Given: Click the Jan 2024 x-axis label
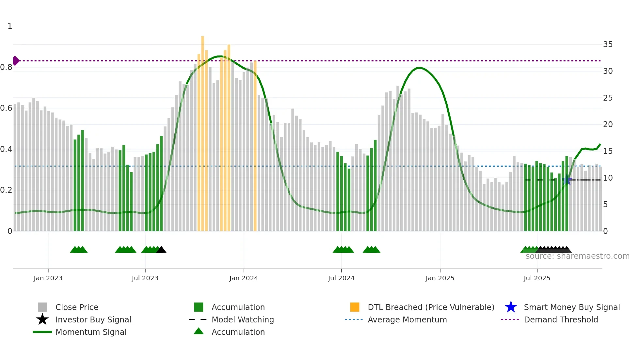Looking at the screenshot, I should pos(244,278).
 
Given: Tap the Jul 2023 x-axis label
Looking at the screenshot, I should pos(145,278).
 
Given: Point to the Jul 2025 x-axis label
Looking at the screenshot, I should pos(537,278).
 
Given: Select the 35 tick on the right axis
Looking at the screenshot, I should pos(608,44).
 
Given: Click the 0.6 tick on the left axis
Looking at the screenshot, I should pos(6,108).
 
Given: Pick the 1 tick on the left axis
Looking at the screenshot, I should pos(10,26).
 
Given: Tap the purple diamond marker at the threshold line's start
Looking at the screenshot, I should pos(16,61).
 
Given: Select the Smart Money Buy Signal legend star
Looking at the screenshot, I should pos(511,307).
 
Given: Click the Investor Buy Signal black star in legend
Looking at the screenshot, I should pos(42,319).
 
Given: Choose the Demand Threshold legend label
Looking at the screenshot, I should pos(561,319).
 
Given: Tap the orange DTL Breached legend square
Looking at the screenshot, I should pos(355,307).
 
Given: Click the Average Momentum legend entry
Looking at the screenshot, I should pos(407,319).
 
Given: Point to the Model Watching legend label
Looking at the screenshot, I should pos(243,319).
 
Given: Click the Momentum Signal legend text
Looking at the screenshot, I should pos(91,332).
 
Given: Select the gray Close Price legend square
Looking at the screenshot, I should pos(42,307).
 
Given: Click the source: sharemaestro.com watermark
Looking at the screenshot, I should pos(577,256).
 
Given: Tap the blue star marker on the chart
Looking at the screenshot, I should pos(567,180).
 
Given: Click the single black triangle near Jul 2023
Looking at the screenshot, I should pos(161,250).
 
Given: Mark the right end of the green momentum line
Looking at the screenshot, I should pos(600,144).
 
